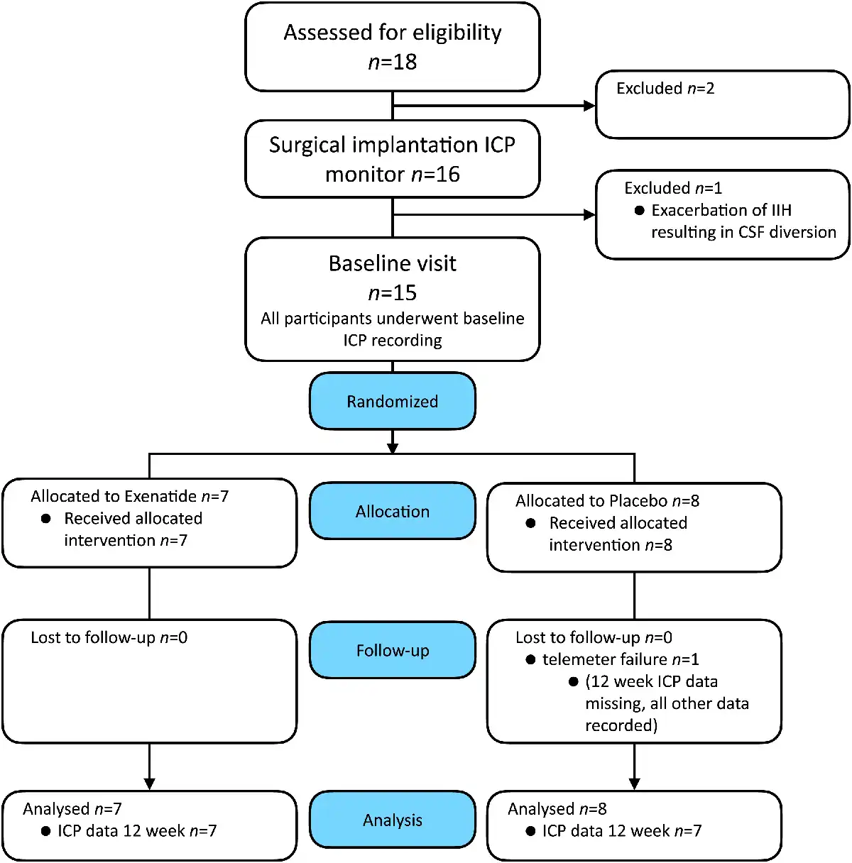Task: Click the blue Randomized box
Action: tap(392, 401)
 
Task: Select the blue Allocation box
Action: tap(392, 511)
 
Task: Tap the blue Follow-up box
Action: tap(392, 650)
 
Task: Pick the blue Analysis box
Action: tap(392, 820)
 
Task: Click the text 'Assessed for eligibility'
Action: tap(392, 33)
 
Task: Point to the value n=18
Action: tap(392, 62)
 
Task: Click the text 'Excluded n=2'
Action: tap(665, 88)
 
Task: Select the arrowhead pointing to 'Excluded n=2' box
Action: tap(589, 106)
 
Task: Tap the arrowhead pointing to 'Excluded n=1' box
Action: tap(589, 214)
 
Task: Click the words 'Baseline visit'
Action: tap(392, 263)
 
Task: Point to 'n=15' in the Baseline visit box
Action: tap(392, 293)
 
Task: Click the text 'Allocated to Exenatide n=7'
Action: tap(129, 496)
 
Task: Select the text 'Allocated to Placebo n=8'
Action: tap(607, 500)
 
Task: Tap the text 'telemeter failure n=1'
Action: tap(621, 659)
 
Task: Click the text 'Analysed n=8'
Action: tap(557, 809)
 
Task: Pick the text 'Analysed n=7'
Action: tap(72, 809)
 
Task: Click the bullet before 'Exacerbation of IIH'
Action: tap(640, 210)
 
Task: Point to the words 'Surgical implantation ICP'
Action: tap(392, 145)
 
